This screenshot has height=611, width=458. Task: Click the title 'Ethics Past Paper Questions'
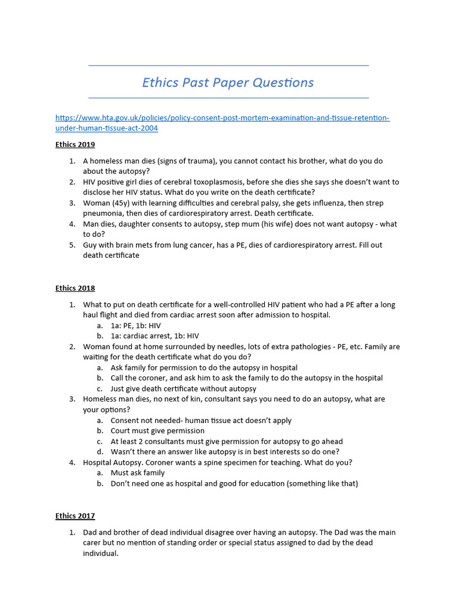click(228, 82)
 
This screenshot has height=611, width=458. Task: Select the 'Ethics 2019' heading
click(75, 144)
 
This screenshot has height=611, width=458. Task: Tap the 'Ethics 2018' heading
click(75, 288)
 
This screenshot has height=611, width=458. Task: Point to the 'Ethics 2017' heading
click(75, 516)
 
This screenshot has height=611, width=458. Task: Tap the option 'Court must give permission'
click(157, 431)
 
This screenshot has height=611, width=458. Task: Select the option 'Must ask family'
click(138, 473)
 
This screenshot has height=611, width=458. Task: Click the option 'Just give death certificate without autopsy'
click(184, 388)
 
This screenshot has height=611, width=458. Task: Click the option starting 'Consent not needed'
click(201, 421)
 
